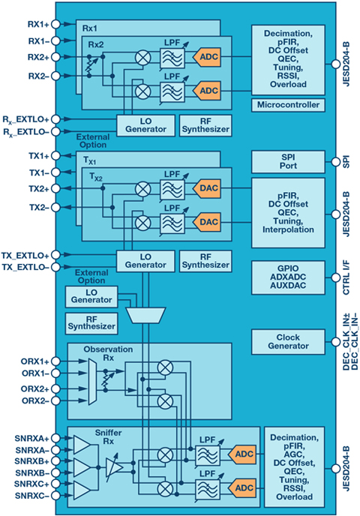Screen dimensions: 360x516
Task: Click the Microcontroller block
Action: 288,105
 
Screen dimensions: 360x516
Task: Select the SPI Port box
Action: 288,161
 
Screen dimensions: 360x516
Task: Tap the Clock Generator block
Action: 288,341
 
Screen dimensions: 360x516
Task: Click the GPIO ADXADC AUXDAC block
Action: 288,277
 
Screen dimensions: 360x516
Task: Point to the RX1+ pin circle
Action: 56,24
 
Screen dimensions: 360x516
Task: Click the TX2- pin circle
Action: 56,207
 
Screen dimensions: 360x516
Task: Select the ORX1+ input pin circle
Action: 56,361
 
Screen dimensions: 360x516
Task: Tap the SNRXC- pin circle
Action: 56,495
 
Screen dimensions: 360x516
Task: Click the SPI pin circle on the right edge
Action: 335,161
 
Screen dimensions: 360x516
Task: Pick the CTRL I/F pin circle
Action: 335,277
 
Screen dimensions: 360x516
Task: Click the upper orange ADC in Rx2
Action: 207,57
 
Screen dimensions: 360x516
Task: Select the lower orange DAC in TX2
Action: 207,222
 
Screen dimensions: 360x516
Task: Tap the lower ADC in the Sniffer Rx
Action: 241,488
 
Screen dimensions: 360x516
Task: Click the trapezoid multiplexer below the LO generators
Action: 145,316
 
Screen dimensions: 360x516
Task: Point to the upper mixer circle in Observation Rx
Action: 165,367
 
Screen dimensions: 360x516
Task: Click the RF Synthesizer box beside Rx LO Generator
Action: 205,125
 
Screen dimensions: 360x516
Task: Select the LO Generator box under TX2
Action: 145,261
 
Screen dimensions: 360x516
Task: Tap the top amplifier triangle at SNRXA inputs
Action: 82,445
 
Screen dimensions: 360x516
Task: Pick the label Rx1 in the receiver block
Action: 89,28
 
